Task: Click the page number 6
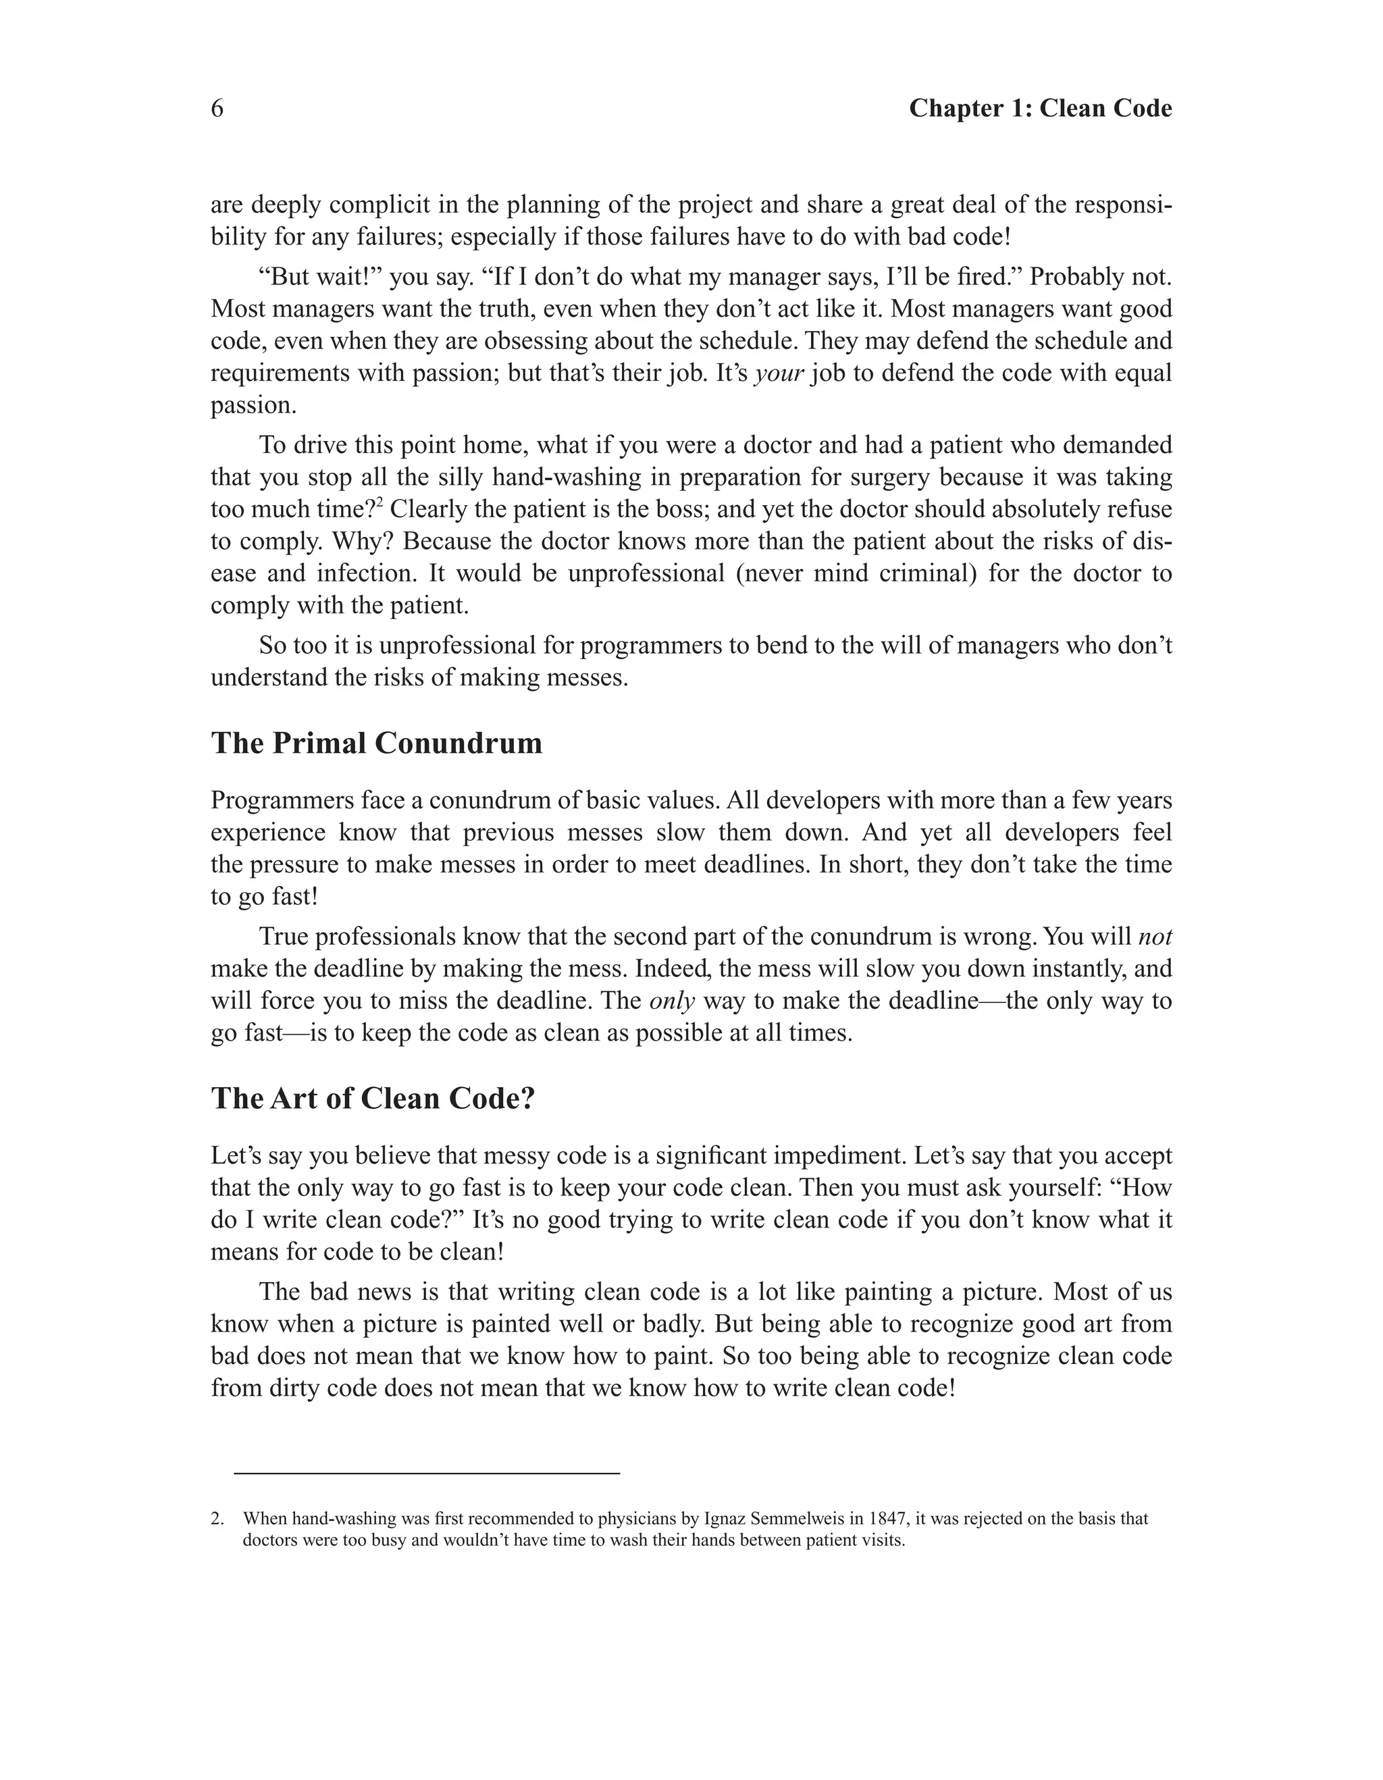point(217,109)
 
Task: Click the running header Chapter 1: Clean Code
point(1040,109)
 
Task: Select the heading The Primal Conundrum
point(377,743)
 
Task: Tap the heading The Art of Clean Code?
point(373,1099)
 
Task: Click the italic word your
point(780,374)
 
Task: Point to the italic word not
point(1155,937)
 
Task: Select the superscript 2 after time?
point(380,503)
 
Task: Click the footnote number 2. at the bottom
point(217,1519)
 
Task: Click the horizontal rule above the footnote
point(426,1473)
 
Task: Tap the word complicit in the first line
point(385,205)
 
